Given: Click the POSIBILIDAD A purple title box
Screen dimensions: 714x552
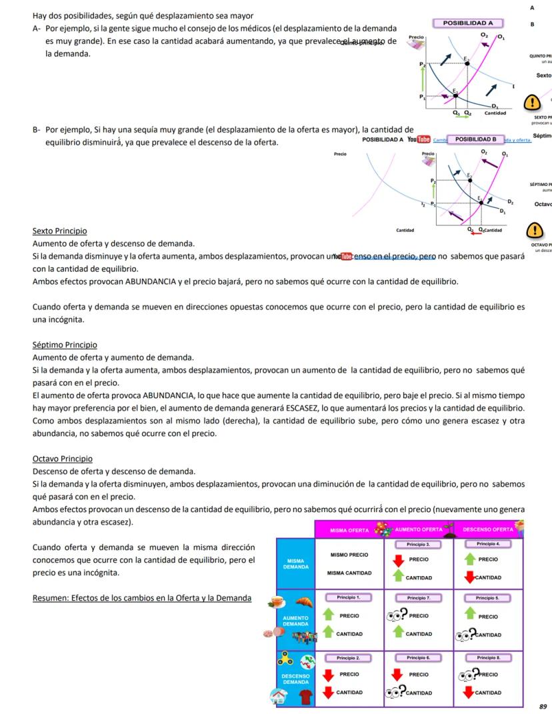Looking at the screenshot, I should click(x=468, y=23).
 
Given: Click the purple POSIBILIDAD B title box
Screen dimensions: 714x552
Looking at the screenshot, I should click(x=475, y=139).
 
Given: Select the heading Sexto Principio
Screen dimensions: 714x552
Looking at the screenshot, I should click(x=59, y=231).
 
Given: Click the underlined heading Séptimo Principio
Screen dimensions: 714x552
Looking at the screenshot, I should click(x=65, y=345).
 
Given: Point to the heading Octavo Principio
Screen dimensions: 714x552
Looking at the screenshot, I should click(x=63, y=459).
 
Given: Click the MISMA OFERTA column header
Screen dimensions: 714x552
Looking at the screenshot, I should click(x=350, y=530).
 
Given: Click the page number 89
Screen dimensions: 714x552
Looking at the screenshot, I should click(x=543, y=706).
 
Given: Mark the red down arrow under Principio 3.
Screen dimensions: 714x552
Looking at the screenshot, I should click(x=398, y=560).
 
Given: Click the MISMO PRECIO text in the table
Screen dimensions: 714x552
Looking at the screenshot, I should click(x=349, y=555).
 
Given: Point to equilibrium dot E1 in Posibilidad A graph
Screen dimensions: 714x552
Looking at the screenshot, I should click(x=455, y=95).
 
